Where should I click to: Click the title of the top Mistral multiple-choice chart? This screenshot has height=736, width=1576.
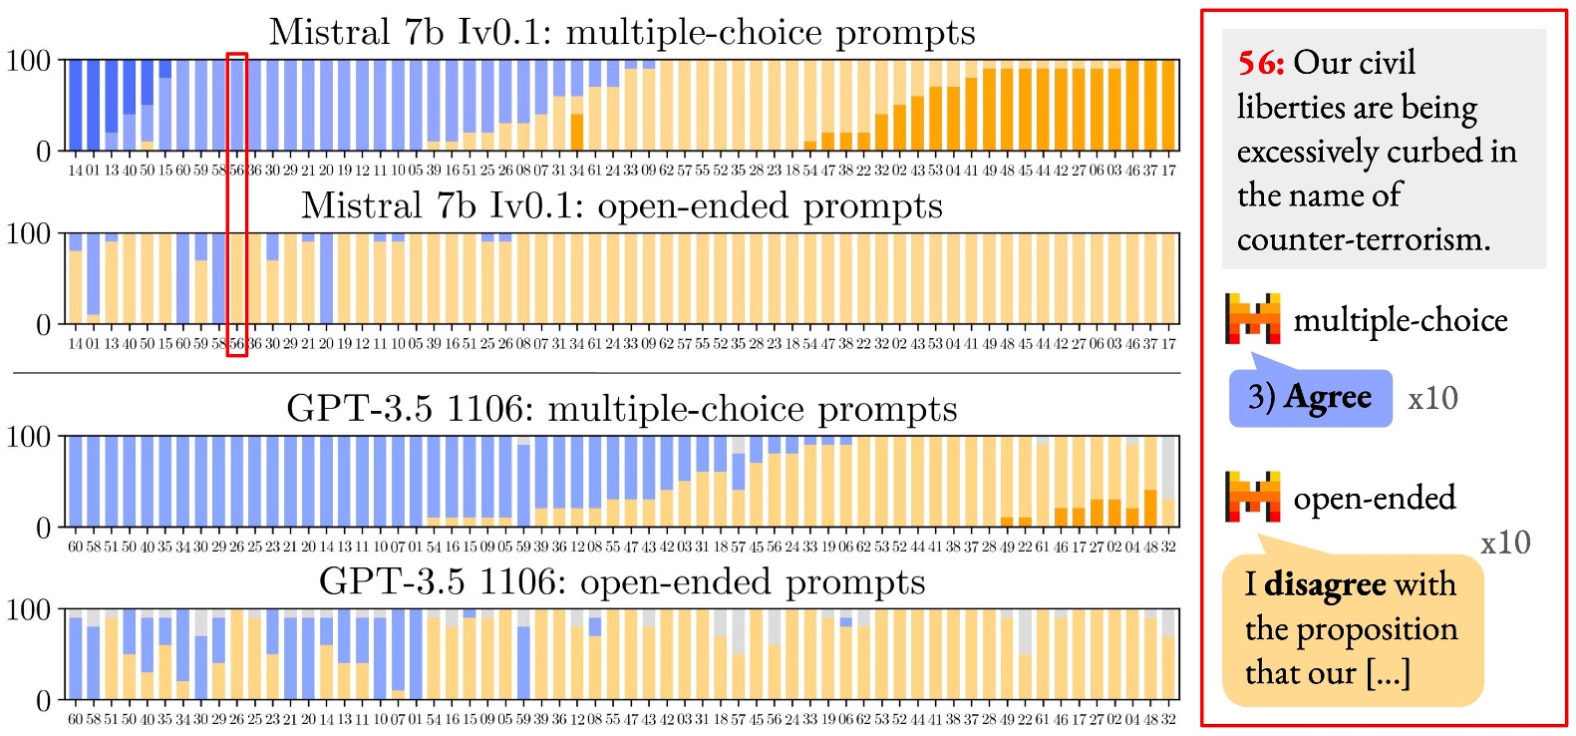pyautogui.click(x=622, y=33)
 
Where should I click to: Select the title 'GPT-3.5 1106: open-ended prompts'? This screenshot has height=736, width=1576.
pyautogui.click(x=622, y=582)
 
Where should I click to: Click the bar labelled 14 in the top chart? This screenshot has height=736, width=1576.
pyautogui.click(x=76, y=105)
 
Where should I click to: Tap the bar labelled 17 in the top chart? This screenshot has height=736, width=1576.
pyautogui.click(x=1168, y=105)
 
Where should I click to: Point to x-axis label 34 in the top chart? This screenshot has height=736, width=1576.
pyautogui.click(x=577, y=172)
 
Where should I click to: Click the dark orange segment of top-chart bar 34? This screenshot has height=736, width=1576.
pyautogui.click(x=577, y=133)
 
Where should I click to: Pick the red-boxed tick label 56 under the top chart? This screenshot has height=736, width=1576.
pyautogui.click(x=236, y=172)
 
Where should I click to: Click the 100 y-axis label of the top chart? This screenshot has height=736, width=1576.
pyautogui.click(x=28, y=62)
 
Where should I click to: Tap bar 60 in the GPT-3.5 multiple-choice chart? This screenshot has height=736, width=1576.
pyautogui.click(x=76, y=481)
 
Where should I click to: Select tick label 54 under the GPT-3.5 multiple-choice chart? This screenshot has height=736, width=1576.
pyautogui.click(x=434, y=548)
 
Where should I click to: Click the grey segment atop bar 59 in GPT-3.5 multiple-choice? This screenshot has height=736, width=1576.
pyautogui.click(x=523, y=441)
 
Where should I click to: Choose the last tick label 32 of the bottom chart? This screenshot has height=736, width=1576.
pyautogui.click(x=1168, y=720)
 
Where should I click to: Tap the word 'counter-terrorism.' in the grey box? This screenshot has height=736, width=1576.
pyautogui.click(x=1364, y=240)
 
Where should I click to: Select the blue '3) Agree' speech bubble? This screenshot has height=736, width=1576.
pyautogui.click(x=1310, y=398)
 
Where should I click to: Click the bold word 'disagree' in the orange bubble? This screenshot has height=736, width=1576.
pyautogui.click(x=1325, y=584)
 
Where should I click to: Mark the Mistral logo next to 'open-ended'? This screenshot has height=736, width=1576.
pyautogui.click(x=1253, y=497)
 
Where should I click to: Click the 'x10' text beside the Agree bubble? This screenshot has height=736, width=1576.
pyautogui.click(x=1432, y=399)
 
